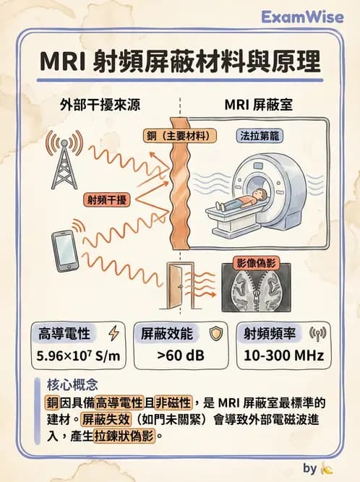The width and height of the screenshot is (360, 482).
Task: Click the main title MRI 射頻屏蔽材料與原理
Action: pos(179,62)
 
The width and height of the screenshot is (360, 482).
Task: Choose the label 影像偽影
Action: pos(257,264)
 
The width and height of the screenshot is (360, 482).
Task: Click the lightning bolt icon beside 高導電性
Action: pos(112,334)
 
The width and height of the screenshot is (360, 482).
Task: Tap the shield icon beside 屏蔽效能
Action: pos(214,334)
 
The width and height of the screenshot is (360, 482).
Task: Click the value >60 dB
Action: pos(179,356)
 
